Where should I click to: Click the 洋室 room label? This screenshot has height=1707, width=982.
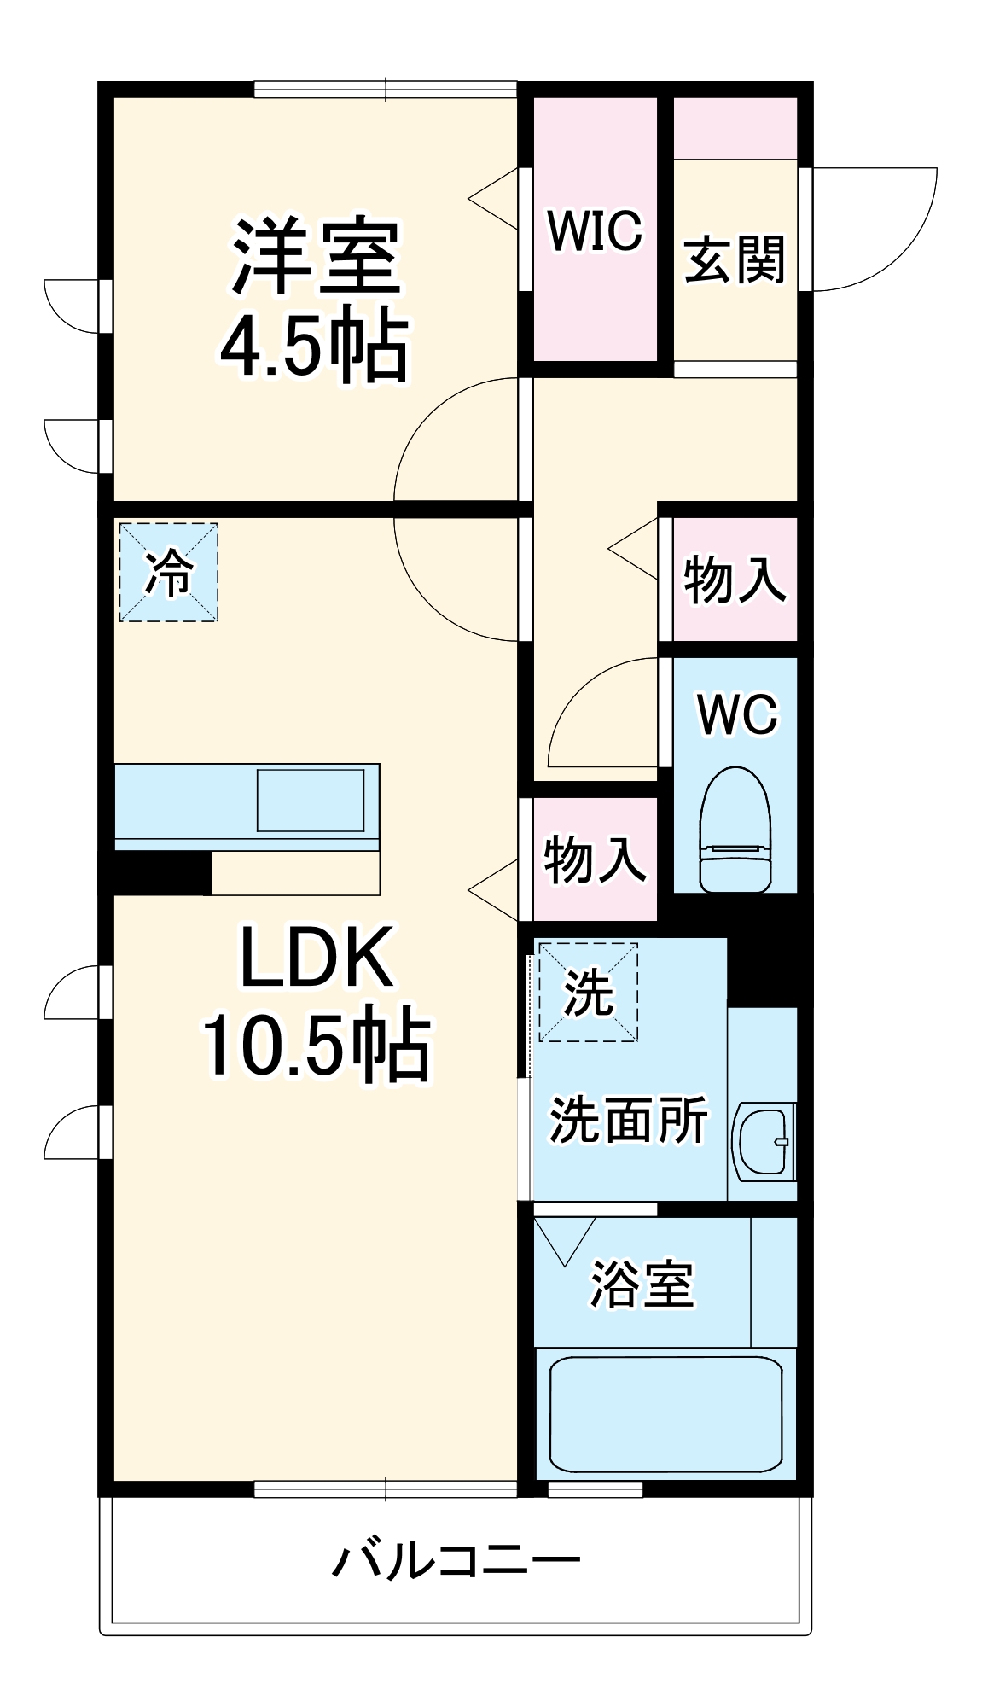316,257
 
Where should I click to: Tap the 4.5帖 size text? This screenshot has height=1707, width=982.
314,346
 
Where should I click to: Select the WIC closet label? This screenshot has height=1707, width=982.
595,230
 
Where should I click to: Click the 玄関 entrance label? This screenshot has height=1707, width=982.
735,259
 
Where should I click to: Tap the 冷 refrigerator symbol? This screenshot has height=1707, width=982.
168,573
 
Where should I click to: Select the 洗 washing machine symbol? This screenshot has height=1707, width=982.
588,993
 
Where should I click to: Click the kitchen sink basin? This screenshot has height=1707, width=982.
311,800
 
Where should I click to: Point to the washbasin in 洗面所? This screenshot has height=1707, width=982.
763,1141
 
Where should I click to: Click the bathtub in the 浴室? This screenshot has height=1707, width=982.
665,1413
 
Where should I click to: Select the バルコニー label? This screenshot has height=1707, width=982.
456,1560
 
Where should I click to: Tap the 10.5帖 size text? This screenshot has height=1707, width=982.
316,1045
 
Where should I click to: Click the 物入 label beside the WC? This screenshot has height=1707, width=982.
735,580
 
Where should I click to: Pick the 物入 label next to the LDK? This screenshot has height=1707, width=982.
595,859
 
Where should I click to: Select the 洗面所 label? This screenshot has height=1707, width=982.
628,1120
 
